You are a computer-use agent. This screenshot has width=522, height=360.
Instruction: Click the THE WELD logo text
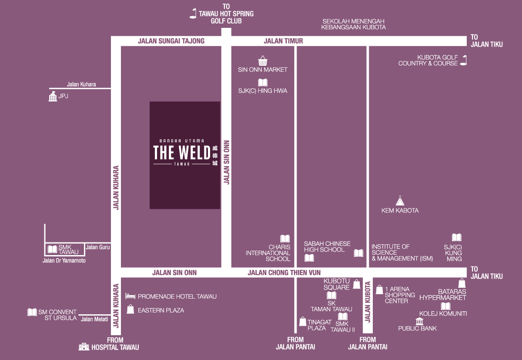click(182, 152)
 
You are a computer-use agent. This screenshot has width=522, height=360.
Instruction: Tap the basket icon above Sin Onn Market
click(262, 60)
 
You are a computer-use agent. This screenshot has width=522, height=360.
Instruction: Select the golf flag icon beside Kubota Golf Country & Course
click(464, 60)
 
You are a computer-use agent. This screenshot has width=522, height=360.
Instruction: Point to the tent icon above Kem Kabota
click(400, 201)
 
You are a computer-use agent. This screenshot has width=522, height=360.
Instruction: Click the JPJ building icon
click(53, 97)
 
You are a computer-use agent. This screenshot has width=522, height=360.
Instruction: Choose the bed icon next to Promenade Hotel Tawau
click(130, 296)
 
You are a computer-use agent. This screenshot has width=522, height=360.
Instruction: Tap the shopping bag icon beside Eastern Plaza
click(130, 310)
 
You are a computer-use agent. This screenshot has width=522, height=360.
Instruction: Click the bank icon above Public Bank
click(419, 321)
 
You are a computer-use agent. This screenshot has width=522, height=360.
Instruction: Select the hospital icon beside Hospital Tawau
click(84, 347)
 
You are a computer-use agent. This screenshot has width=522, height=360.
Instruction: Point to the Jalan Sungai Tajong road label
click(171, 41)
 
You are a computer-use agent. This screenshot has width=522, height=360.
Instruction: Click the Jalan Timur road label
click(283, 41)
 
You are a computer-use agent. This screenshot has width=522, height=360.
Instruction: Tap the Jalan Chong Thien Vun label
click(284, 273)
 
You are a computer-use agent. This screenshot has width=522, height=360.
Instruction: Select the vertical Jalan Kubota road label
click(368, 302)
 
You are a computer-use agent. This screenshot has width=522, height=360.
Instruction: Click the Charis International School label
click(268, 253)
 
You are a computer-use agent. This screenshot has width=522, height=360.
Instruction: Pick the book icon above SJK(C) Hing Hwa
click(262, 82)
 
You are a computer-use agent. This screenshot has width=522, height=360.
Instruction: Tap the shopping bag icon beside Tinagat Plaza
click(302, 321)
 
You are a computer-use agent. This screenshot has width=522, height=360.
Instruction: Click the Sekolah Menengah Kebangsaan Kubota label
click(353, 24)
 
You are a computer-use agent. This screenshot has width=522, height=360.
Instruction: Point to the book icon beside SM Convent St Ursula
click(32, 312)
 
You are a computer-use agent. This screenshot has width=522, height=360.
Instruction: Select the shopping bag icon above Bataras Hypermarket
click(462, 283)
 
